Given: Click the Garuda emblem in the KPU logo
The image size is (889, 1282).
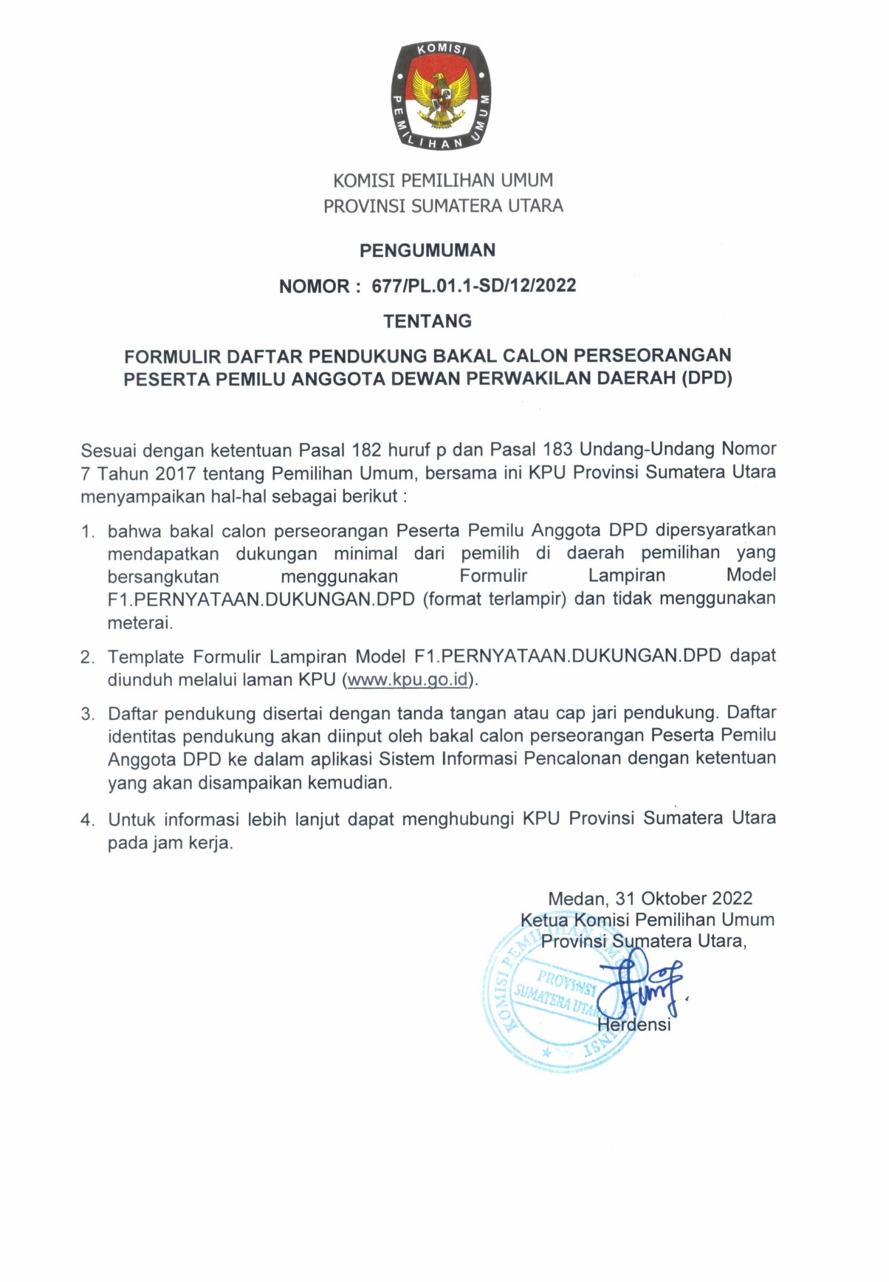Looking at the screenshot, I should click(x=442, y=97).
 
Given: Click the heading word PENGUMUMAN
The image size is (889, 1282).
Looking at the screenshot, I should click(x=428, y=250).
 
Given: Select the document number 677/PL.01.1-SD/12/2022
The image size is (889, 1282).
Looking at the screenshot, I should click(x=474, y=286).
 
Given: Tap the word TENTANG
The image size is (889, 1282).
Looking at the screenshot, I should click(x=428, y=321).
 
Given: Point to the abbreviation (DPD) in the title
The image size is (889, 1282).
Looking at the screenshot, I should click(x=707, y=379).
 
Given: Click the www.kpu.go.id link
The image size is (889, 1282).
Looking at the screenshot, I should click(x=408, y=679).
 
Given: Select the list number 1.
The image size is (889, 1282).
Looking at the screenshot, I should click(x=88, y=532).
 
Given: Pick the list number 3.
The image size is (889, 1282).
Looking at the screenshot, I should click(x=88, y=714).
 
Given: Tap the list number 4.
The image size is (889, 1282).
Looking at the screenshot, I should click(x=88, y=820).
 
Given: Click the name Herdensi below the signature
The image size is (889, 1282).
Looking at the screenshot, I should click(x=634, y=1025).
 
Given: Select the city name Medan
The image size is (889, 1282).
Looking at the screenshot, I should click(x=577, y=899).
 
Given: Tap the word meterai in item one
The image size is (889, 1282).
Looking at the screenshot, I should click(x=140, y=623).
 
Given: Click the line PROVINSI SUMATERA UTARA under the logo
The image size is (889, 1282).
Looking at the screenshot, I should click(x=443, y=206).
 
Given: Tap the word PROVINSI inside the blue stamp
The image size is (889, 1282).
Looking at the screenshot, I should click(x=566, y=983).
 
